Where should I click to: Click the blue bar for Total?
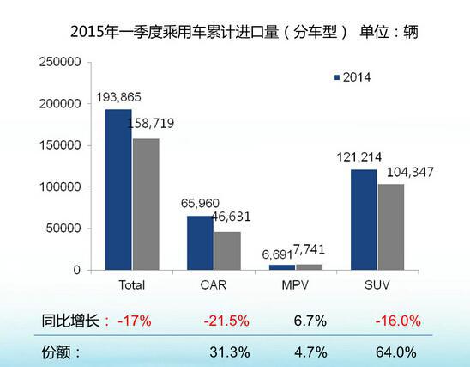118,189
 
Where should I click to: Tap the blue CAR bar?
201,242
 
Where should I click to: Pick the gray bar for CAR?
227,250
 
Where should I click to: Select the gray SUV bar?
391,226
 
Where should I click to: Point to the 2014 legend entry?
352,77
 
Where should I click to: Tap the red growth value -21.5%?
226,321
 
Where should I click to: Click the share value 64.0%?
395,352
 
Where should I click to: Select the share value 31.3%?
229,352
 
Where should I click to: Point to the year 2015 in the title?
92,32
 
